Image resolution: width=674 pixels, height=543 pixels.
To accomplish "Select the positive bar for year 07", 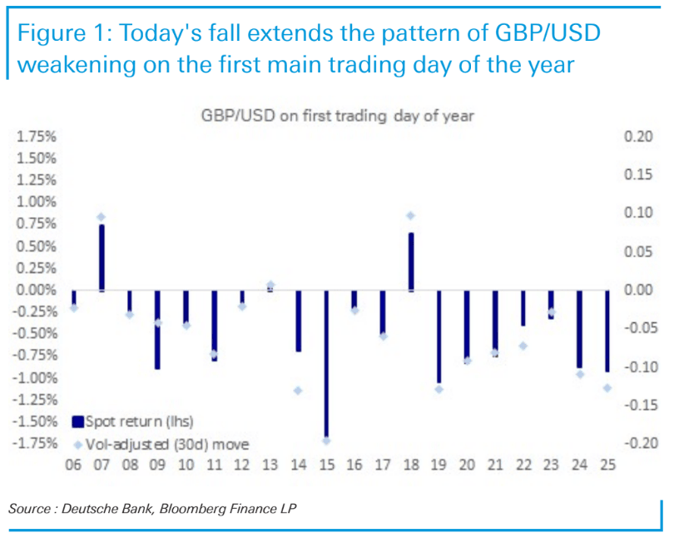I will (101, 257).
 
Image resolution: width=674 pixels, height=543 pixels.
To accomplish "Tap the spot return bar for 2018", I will (410, 262).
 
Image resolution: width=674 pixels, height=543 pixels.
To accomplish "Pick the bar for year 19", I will (439, 336).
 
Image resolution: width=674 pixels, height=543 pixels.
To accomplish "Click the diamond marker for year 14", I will (297, 390).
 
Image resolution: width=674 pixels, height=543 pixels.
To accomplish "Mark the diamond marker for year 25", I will (607, 387).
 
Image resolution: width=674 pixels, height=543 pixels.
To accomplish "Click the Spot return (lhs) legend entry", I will (137, 421).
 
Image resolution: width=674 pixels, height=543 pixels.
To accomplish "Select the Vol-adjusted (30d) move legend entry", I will (166, 443).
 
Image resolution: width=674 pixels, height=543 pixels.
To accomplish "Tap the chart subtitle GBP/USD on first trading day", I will (337, 116).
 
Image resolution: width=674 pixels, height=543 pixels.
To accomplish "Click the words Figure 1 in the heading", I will (62, 34).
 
